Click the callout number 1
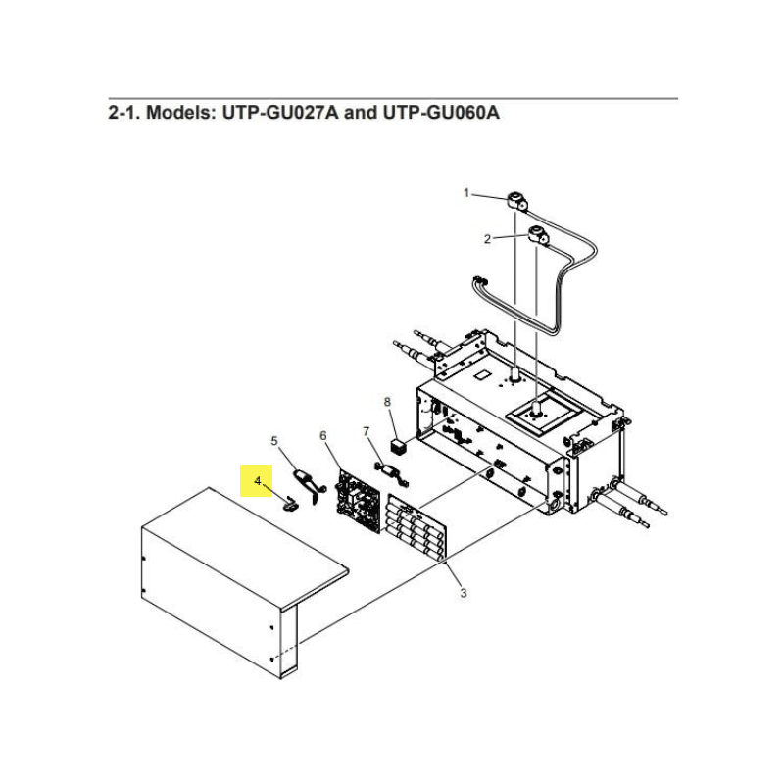[466, 193]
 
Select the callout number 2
[487, 239]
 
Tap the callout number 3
[464, 593]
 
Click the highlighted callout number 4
[257, 481]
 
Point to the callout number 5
[274, 441]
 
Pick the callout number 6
[323, 436]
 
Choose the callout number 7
[366, 431]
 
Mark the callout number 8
[387, 402]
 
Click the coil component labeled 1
[516, 202]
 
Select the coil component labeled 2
[537, 234]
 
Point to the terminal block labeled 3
[416, 526]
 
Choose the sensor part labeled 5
[310, 486]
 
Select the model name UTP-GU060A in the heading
[441, 113]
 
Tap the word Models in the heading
[180, 113]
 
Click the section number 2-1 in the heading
[123, 113]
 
